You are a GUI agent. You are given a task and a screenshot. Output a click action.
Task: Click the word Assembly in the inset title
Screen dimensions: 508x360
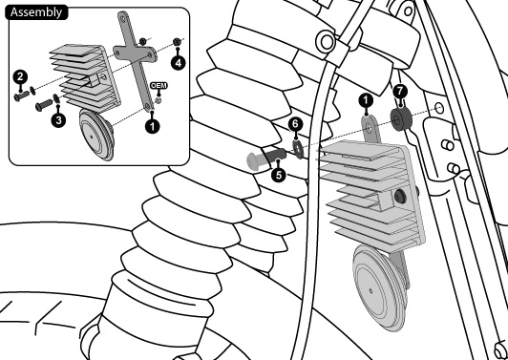click(x=36, y=12)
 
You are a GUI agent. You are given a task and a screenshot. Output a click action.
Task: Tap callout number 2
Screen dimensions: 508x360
click(x=20, y=77)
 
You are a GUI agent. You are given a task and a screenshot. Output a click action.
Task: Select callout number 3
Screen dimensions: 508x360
click(x=58, y=120)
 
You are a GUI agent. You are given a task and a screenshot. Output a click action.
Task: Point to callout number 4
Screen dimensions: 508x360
click(x=178, y=63)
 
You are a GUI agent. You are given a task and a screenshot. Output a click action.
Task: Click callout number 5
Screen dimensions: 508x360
click(x=279, y=175)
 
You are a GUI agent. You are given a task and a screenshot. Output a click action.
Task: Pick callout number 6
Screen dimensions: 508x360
click(x=295, y=124)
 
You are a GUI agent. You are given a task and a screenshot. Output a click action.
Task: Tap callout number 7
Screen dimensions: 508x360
click(x=400, y=91)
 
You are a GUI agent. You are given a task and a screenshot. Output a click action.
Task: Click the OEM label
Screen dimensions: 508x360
click(x=159, y=86)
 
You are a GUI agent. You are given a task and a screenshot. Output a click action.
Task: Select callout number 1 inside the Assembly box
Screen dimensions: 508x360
click(x=152, y=126)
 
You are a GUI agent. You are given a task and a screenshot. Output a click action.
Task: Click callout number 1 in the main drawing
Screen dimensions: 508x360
click(x=366, y=101)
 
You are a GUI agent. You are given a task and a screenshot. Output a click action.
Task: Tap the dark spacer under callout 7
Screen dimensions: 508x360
click(x=401, y=119)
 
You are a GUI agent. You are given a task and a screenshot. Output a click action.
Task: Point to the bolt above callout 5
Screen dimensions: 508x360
click(x=266, y=158)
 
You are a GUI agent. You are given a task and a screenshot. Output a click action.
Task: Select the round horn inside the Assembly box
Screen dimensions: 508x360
click(x=96, y=135)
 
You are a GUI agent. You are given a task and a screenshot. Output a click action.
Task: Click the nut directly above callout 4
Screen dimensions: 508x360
click(x=177, y=42)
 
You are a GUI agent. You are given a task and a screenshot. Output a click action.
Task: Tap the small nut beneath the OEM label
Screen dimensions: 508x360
click(x=159, y=100)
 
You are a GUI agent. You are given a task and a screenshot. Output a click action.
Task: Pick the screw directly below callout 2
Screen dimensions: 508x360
click(x=22, y=96)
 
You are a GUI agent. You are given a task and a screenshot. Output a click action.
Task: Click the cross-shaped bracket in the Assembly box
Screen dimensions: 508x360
click(x=135, y=61)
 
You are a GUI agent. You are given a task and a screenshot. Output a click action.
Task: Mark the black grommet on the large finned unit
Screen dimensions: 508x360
click(x=400, y=197)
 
